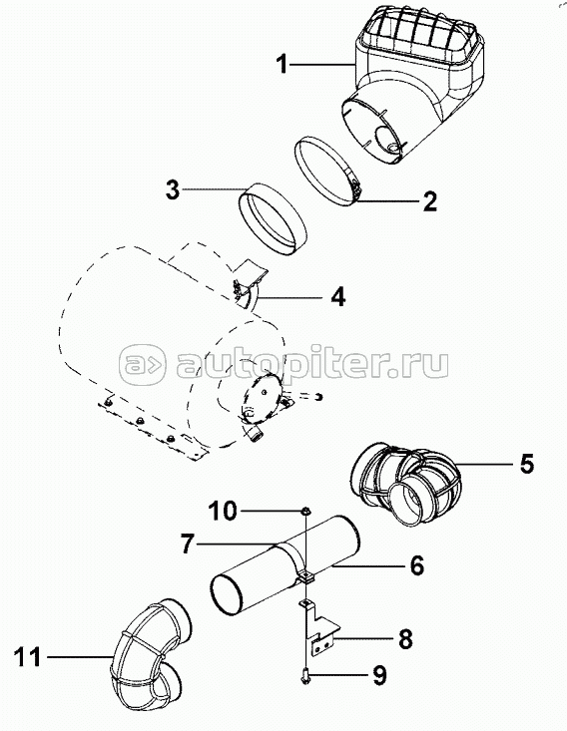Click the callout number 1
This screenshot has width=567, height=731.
(x=283, y=65)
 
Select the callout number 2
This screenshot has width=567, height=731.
(x=429, y=200)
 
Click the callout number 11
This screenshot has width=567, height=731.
(x=29, y=656)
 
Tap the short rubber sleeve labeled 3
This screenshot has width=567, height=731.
(x=273, y=216)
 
